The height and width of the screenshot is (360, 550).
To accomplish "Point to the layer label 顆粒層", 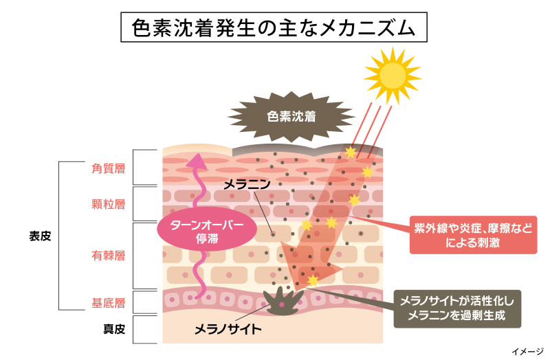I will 108,203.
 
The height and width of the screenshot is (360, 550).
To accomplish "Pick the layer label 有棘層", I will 108,256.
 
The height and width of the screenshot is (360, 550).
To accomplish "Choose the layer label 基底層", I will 108,302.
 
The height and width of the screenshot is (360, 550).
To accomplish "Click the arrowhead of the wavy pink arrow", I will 198,161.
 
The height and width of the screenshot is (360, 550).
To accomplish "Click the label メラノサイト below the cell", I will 228,328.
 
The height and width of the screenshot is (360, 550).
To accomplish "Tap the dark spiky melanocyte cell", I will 282,302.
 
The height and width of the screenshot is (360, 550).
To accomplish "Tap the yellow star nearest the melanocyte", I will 313,280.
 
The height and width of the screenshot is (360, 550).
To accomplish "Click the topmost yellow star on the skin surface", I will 350,152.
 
